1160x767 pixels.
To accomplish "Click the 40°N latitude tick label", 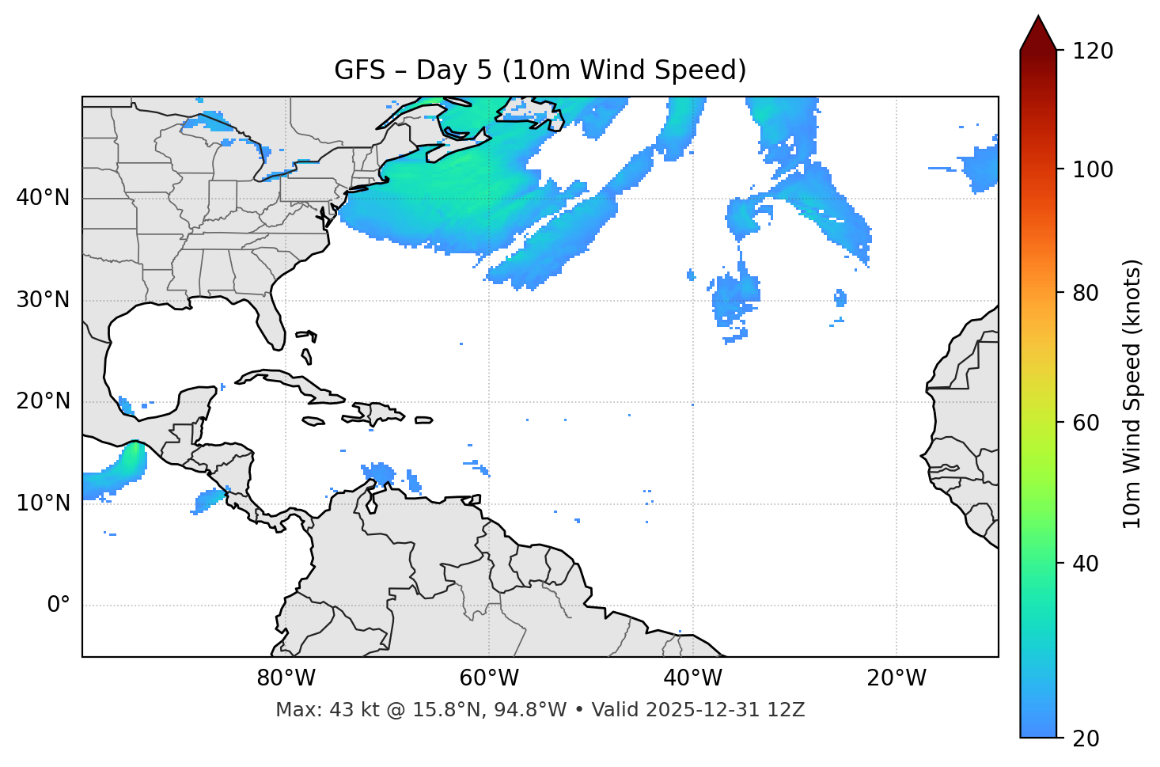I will (43, 198).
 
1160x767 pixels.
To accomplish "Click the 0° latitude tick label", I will (59, 606).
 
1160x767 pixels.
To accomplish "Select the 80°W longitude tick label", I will (286, 678).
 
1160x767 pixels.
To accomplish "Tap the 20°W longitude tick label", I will (897, 678).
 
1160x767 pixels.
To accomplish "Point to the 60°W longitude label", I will (489, 678).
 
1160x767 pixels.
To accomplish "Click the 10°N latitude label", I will (43, 503).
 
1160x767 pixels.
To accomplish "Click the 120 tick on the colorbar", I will (1093, 51).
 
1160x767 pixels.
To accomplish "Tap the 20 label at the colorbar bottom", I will (1086, 739).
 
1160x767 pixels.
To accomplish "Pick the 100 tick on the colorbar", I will (1093, 169).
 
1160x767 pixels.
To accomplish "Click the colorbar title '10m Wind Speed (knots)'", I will (1132, 393).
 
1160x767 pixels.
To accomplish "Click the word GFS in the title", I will (360, 70).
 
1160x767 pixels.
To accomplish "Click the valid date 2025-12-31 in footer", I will (704, 710).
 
